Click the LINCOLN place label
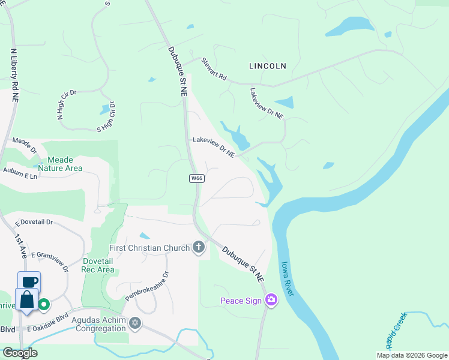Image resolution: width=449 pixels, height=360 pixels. click(268, 65)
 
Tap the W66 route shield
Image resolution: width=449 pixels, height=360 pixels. click(196, 178)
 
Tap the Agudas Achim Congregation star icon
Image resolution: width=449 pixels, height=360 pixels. click(135, 323)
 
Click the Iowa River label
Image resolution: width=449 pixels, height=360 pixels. click(287, 278)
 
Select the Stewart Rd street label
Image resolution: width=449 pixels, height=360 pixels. click(214, 69)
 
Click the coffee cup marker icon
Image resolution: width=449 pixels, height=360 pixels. click(29, 281)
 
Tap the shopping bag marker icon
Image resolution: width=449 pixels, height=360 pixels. click(26, 299)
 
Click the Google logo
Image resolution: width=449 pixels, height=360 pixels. click(20, 353)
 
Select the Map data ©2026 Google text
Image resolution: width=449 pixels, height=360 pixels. click(411, 355)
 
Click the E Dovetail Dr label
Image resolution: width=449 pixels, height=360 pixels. click(34, 222)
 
